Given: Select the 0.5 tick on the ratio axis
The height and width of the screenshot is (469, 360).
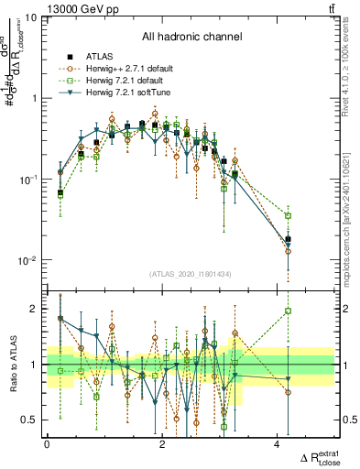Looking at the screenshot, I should click(x=29, y=420).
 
